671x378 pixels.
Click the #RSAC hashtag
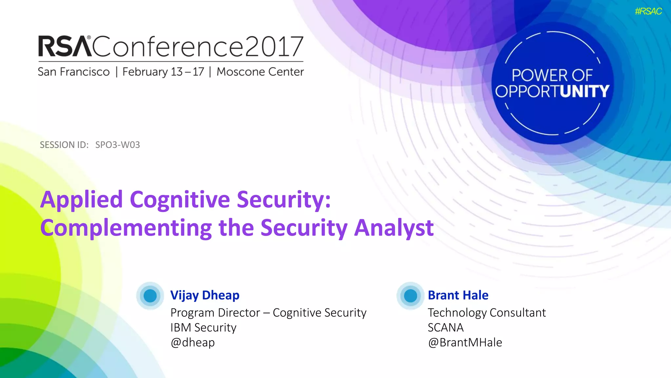tap(648, 11)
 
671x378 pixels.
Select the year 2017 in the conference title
tap(274, 46)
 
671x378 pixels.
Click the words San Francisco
tap(74, 72)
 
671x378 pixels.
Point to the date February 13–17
tap(163, 72)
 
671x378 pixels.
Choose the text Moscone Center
tap(260, 72)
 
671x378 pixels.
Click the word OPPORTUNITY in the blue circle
tap(552, 91)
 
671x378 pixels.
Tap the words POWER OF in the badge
tap(552, 75)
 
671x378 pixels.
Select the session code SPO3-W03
tap(118, 145)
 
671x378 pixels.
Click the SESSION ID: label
tap(64, 145)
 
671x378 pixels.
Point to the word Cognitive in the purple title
tap(180, 199)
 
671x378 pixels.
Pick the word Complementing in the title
tap(126, 228)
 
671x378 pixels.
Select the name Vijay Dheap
tap(205, 295)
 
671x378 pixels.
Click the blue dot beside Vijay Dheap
tap(150, 296)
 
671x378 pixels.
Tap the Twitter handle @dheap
tap(193, 342)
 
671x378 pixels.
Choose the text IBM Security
tap(203, 327)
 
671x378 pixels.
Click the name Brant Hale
tap(458, 295)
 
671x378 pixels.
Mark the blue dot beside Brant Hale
tap(410, 296)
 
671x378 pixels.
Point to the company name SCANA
tap(446, 327)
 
